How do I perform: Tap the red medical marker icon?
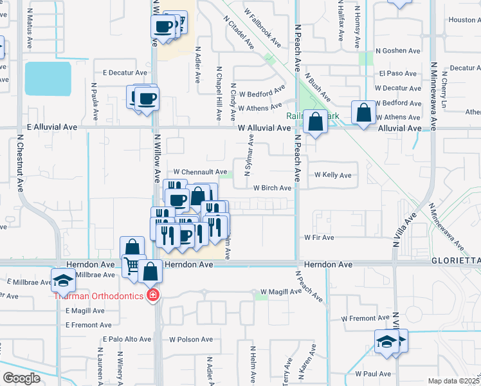click(x=152, y=296)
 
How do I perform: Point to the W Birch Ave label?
click(x=272, y=188)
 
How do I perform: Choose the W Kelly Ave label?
click(x=332, y=175)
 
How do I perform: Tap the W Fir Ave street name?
click(x=319, y=237)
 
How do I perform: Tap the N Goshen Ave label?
click(x=397, y=51)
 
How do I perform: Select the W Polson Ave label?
click(x=190, y=339)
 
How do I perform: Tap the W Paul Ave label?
click(x=372, y=374)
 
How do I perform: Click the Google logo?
click(x=21, y=378)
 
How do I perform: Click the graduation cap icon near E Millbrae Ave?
click(x=63, y=280)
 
